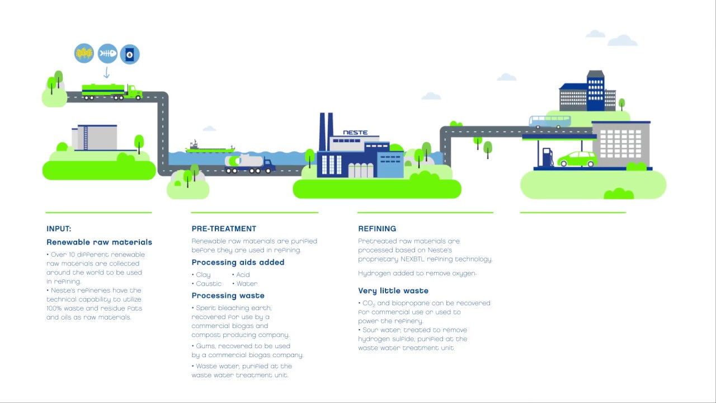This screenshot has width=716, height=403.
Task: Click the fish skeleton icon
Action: (107, 54)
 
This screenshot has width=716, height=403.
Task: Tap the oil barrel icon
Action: (130, 54)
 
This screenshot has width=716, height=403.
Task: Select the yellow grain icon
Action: (84, 54)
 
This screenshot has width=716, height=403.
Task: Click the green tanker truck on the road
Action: (111, 91)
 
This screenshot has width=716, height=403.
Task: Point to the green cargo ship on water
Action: (209, 148)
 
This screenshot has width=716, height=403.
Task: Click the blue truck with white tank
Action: (249, 163)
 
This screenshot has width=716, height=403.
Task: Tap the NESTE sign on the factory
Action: (355, 133)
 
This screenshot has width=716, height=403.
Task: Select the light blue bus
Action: (550, 122)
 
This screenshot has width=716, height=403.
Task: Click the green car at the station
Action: (577, 159)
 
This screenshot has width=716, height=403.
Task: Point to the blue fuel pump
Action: (547, 157)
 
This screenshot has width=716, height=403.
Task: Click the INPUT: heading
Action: (59, 228)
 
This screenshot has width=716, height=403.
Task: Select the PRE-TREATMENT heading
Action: (224, 228)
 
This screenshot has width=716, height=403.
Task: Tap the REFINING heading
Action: (377, 228)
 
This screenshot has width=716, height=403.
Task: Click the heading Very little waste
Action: (393, 290)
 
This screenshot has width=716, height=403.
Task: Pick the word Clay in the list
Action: (203, 275)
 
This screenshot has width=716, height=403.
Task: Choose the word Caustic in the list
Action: (209, 284)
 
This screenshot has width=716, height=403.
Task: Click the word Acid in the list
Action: (243, 275)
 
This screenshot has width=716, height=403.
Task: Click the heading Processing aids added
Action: (238, 262)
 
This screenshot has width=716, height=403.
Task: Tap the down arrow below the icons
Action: (106, 73)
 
